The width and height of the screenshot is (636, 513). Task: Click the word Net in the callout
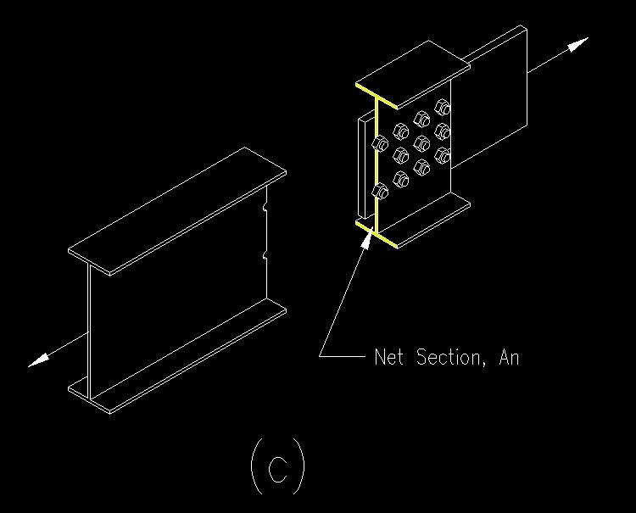click(x=388, y=357)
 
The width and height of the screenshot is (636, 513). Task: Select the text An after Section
click(x=509, y=357)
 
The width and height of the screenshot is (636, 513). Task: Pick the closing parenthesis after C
click(x=300, y=466)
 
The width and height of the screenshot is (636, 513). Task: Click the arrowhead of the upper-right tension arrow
click(x=577, y=44)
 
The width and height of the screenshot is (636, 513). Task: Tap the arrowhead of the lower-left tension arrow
click(x=38, y=360)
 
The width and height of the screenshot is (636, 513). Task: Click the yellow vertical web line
click(x=377, y=165)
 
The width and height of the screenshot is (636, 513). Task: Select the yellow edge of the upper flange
click(x=377, y=97)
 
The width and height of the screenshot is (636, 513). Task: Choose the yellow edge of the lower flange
click(x=377, y=234)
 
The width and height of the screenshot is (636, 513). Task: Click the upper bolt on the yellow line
click(x=380, y=143)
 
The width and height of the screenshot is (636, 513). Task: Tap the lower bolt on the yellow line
click(x=380, y=191)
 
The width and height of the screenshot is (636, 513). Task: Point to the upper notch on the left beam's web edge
click(x=265, y=208)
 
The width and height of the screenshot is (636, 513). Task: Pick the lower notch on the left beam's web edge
click(x=265, y=255)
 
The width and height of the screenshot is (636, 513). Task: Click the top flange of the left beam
click(x=177, y=211)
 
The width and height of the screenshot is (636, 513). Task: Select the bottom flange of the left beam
click(x=177, y=357)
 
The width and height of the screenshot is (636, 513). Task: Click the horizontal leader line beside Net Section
click(x=342, y=356)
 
